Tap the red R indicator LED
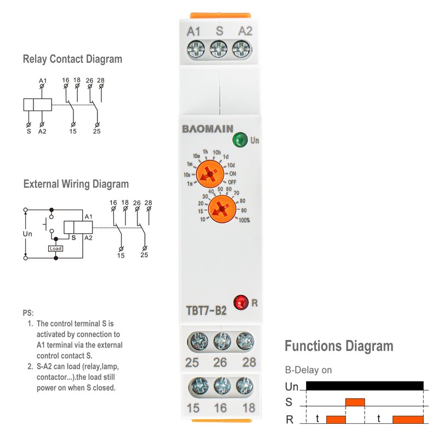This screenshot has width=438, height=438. click(x=240, y=301)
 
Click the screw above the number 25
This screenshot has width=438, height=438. click(x=196, y=342)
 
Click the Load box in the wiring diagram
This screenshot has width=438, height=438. click(x=55, y=248)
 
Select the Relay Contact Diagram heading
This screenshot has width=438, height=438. click(x=72, y=59)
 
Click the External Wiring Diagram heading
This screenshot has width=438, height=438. click(x=76, y=184)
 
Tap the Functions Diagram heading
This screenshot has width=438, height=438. click(x=338, y=346)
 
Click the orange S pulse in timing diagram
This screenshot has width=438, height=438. click(x=355, y=402)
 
